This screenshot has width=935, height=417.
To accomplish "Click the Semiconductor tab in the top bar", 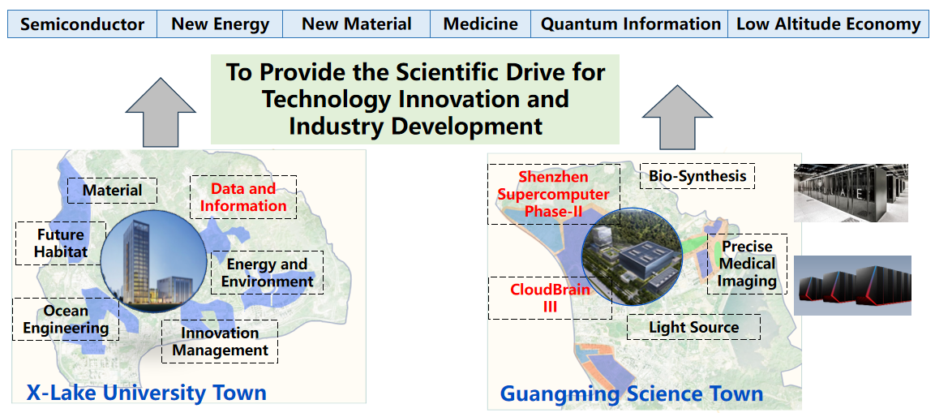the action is point(82,24).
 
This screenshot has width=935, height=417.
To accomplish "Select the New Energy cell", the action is point(220,24).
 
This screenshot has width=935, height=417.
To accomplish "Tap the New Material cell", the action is point(357,24).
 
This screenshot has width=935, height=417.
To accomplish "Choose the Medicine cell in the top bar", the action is point(481,24).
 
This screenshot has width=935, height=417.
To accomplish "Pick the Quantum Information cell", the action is point(630,24).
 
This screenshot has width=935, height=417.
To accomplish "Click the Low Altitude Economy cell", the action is point(828,24).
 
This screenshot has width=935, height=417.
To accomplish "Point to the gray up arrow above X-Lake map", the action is point(161,113).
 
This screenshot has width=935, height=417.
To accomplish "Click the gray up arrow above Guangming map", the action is point(677,116).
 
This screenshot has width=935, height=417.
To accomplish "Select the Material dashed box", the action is point(112,191).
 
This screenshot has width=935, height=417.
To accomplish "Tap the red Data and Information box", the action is point(243,197).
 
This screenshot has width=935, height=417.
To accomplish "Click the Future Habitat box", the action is point(60,243).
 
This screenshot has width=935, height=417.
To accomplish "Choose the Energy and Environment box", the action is point(267,272).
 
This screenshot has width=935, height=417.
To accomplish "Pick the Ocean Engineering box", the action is point(66,319).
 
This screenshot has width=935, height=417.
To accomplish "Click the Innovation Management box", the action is point(220,342).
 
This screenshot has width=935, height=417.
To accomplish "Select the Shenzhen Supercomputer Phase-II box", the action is point(554,195).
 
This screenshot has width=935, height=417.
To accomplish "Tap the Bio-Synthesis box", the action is point(697,176).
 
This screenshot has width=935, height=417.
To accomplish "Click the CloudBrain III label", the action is point(550,298).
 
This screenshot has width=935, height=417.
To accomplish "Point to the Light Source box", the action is point(693,327).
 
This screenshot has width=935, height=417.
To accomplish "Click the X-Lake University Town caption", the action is point(146,393).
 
